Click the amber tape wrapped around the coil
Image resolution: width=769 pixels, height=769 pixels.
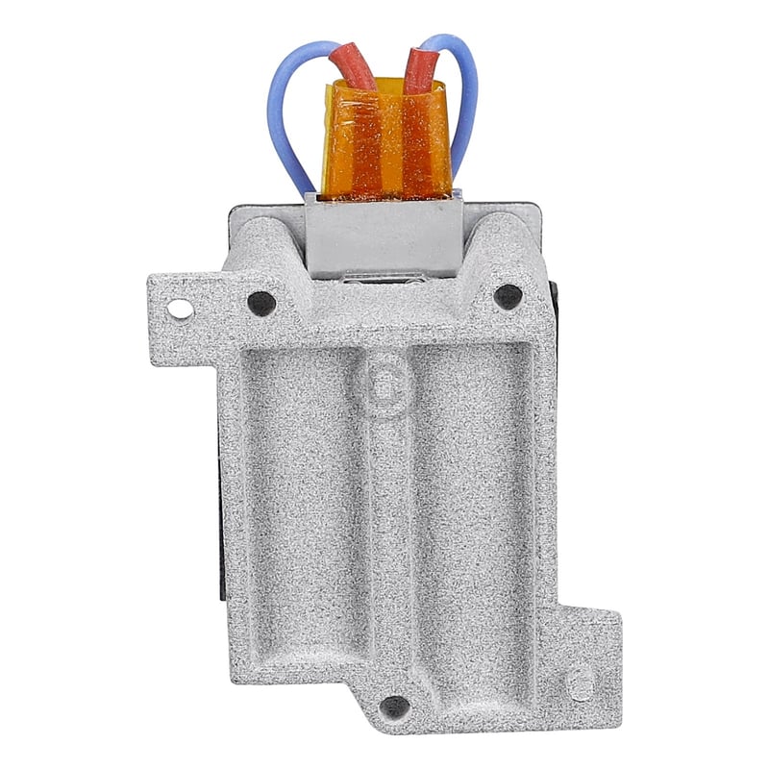click(385, 144)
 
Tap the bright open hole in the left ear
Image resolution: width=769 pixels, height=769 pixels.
click(180, 309)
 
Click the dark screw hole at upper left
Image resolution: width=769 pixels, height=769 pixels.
click(261, 303)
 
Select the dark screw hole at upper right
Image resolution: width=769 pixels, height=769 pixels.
click(508, 296)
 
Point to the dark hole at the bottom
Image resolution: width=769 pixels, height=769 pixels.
click(394, 707)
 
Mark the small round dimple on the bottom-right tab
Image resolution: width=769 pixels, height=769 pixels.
click(580, 685)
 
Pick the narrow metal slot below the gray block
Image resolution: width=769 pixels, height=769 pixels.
click(384, 280)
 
